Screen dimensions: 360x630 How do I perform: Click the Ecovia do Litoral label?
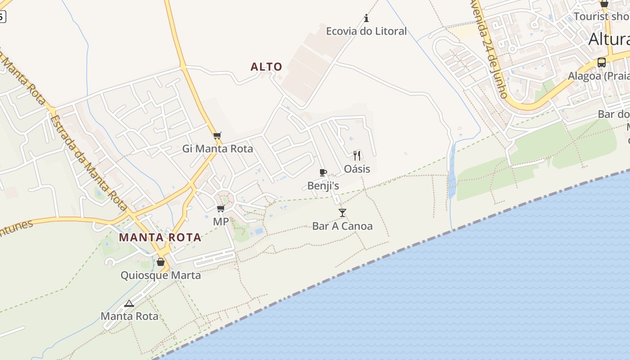tap(366, 31)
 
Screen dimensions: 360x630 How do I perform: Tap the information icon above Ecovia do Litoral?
tap(366, 18)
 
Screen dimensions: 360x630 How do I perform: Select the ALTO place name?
tap(266, 67)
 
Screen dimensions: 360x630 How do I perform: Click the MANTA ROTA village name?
tap(160, 237)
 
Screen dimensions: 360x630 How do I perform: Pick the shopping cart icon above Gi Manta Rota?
tap(217, 135)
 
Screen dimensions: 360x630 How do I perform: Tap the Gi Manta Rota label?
tap(217, 148)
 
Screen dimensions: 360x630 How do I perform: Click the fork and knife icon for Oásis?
tap(357, 156)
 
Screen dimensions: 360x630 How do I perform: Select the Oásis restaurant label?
tap(357, 169)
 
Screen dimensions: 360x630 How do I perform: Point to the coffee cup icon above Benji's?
tap(323, 172)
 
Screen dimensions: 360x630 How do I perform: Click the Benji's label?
tap(323, 185)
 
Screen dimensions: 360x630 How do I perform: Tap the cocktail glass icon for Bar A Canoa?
tap(342, 213)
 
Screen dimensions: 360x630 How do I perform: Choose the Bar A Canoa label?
tap(342, 226)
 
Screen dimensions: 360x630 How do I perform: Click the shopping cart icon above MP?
tap(220, 208)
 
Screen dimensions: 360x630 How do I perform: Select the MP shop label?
tap(220, 221)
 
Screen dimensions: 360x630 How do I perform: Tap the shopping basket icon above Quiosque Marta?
tap(161, 262)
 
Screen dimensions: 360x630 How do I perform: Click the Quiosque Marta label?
tap(161, 275)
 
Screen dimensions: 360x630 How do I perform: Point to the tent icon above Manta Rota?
tap(129, 303)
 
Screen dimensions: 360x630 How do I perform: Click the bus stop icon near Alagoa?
tap(602, 63)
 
